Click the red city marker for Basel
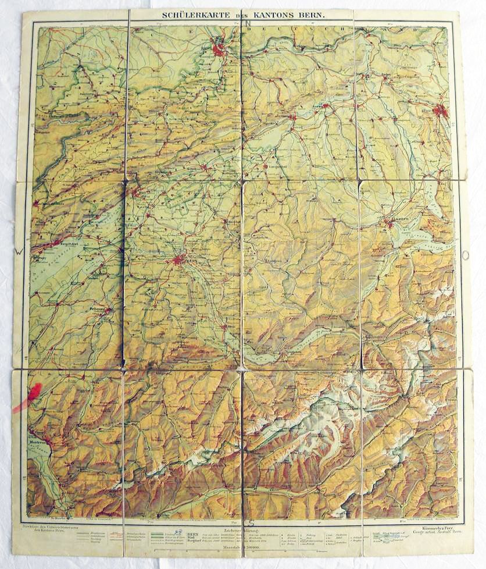219,50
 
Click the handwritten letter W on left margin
19,253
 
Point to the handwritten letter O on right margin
465,254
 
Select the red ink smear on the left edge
29,396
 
